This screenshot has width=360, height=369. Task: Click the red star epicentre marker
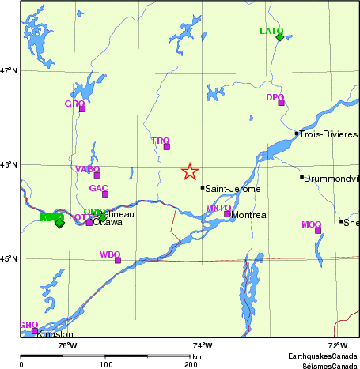point(190,171)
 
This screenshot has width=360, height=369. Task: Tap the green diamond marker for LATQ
point(279,36)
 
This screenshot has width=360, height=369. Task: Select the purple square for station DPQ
point(281,102)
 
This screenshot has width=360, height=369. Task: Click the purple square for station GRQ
point(81,109)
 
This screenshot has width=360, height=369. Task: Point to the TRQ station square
point(166,146)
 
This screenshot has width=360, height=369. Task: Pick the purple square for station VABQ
point(97,175)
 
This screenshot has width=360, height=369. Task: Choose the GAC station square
point(105,194)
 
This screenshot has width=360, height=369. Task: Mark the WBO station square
point(118,260)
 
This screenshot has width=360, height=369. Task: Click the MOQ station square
point(318,230)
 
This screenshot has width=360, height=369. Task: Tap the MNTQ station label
point(218,208)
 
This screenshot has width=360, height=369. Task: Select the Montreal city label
point(249,215)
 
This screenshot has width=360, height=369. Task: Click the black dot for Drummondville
point(301,176)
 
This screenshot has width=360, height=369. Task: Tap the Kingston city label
point(55,335)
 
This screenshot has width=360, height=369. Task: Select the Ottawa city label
point(108,223)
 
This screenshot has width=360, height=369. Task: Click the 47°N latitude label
point(9,71)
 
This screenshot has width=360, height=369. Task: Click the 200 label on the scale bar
point(191,363)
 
